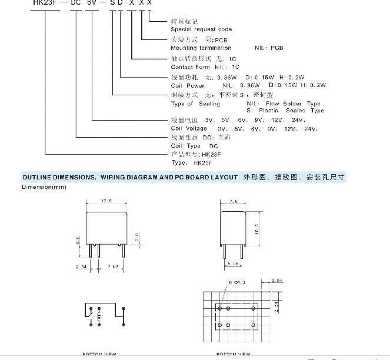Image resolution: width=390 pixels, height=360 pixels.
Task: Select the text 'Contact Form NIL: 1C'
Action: point(202,67)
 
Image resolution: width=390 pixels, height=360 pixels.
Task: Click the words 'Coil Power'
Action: point(188,85)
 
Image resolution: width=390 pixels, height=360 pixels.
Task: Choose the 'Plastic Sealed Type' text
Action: point(289,110)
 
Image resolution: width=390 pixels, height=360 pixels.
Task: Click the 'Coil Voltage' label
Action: point(188,128)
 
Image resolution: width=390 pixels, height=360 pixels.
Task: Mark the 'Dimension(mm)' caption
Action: point(44,187)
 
